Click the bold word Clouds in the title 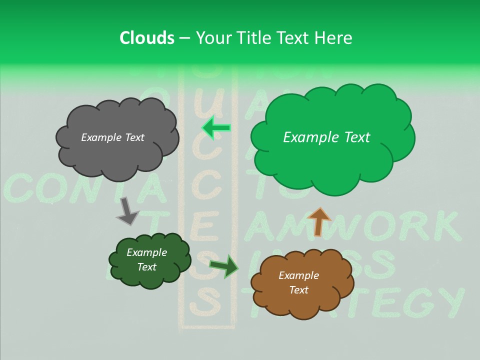click(147, 38)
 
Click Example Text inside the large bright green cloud click(326, 137)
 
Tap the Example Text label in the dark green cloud click(147, 259)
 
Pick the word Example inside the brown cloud click(298, 275)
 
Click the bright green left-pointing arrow click(216, 128)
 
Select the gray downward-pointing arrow click(127, 210)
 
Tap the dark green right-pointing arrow click(224, 266)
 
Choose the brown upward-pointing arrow click(319, 221)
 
